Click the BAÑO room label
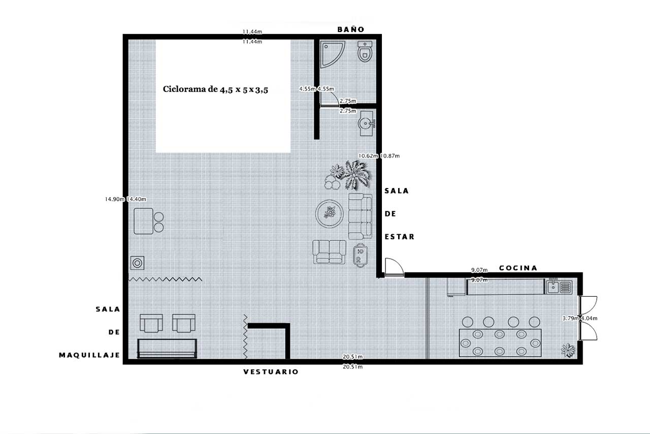(350, 29)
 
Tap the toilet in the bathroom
(365, 51)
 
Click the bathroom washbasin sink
(367, 123)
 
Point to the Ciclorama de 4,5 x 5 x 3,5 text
(215, 89)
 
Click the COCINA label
(518, 268)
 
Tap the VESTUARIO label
(271, 372)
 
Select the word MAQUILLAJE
(89, 355)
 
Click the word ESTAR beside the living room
(399, 237)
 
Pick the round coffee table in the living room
(330, 214)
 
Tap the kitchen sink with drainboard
(559, 287)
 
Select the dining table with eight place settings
(500, 343)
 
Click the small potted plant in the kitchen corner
(568, 350)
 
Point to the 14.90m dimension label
(115, 199)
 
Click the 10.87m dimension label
(389, 156)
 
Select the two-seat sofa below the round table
(330, 252)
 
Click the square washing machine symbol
(137, 263)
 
